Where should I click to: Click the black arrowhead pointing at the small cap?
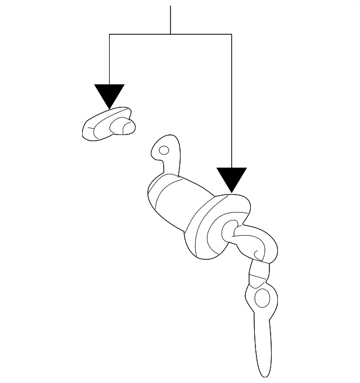click(109, 94)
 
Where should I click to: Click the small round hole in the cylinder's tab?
click(164, 150)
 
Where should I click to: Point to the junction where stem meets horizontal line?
click(170, 34)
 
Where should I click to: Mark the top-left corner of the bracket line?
click(109, 34)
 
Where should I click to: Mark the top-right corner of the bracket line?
click(232, 34)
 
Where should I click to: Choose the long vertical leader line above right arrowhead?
click(232, 101)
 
